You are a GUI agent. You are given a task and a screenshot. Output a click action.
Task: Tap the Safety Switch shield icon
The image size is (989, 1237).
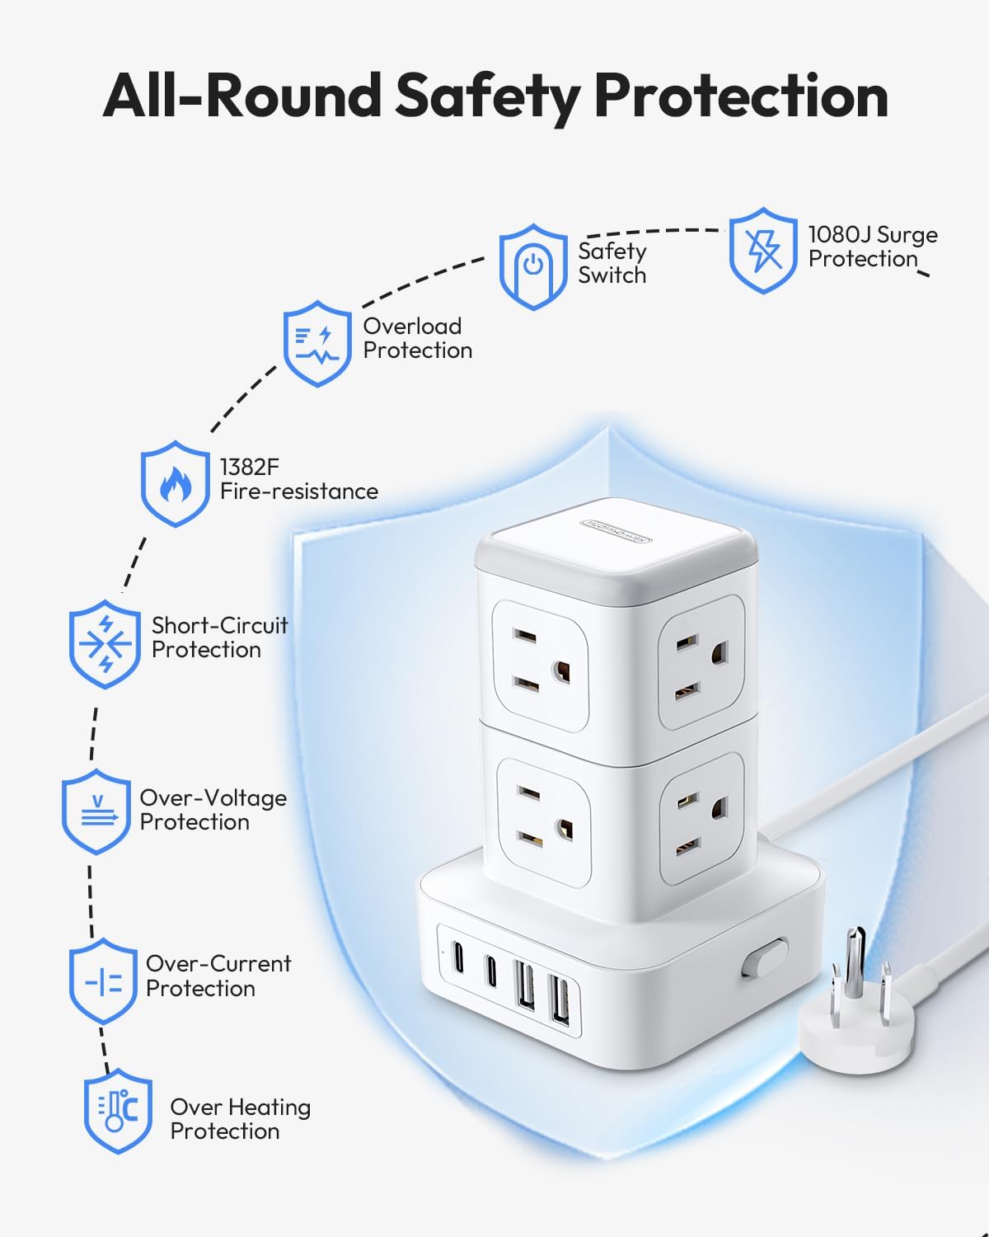tap(533, 266)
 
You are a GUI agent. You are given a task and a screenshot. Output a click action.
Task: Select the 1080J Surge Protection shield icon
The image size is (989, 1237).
tap(763, 251)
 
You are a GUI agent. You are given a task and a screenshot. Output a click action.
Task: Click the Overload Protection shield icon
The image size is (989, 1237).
tap(317, 344)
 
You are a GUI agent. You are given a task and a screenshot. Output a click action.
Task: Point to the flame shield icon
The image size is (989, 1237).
tap(175, 484)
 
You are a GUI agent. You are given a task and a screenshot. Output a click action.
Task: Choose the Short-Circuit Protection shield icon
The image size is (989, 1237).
tap(105, 644)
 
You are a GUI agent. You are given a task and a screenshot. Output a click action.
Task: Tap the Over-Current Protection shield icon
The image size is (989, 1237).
tap(103, 981)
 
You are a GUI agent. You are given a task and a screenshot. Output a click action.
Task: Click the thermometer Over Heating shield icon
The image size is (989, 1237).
tap(119, 1111)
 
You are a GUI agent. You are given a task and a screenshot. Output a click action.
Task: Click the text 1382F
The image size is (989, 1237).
tap(250, 467)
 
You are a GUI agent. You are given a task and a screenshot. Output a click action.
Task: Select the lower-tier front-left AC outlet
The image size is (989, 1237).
tap(541, 821)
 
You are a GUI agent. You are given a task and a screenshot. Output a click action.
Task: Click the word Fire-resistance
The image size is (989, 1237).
tap(299, 492)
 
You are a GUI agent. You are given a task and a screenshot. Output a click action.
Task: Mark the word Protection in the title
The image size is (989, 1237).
tap(741, 96)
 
